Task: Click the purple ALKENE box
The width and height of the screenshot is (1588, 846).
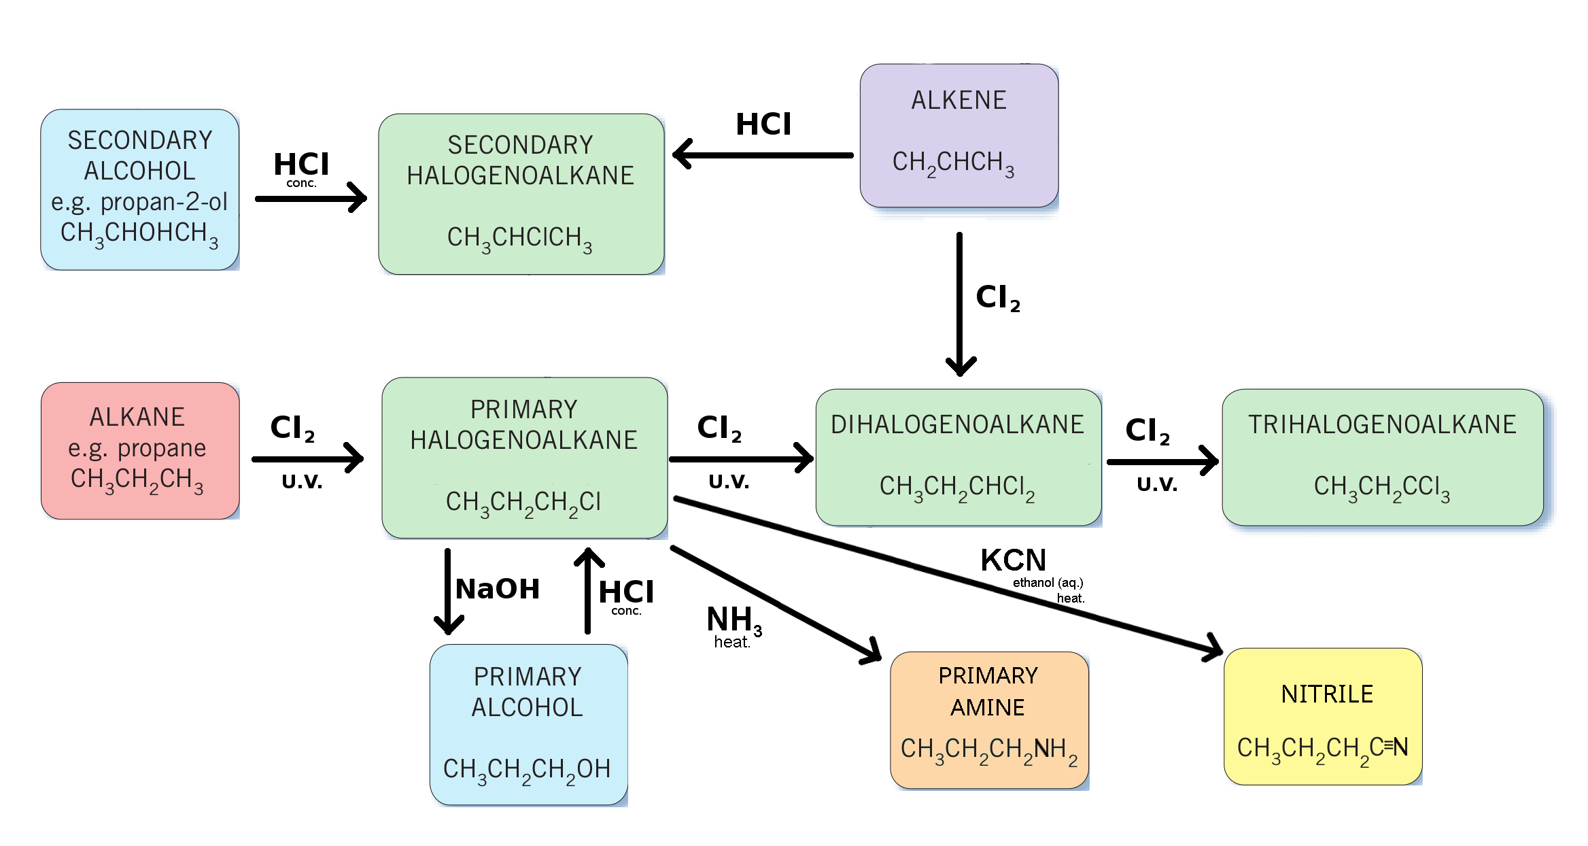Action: tap(959, 135)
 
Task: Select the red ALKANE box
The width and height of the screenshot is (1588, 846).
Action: tap(140, 450)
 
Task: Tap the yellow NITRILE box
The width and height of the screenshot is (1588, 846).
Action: tap(1323, 716)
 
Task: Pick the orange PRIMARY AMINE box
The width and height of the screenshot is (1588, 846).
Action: tap(989, 720)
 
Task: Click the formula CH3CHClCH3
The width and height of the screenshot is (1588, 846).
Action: tap(519, 239)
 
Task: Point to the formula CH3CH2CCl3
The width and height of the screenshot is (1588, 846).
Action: tap(1381, 488)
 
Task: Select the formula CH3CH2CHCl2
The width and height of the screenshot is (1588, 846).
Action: tap(957, 488)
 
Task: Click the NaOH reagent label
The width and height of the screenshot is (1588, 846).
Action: tap(498, 589)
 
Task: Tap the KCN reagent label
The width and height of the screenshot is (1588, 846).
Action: tap(1013, 560)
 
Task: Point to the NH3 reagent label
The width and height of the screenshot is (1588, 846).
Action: tap(734, 621)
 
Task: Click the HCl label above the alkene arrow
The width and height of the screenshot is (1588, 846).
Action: tap(763, 124)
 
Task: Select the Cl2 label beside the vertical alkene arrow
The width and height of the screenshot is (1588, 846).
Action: tap(997, 298)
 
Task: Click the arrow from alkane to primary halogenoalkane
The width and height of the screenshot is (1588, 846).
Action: tap(307, 458)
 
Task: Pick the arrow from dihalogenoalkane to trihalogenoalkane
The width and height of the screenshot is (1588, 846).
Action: tap(1162, 462)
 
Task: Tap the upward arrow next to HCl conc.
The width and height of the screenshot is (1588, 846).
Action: tap(589, 590)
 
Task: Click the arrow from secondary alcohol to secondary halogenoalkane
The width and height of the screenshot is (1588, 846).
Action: tap(311, 198)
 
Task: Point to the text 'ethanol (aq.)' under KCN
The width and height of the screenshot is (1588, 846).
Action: tap(1048, 583)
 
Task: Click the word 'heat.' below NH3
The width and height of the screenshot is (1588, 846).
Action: tap(732, 642)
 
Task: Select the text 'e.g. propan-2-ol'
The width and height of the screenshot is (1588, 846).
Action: tap(139, 202)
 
